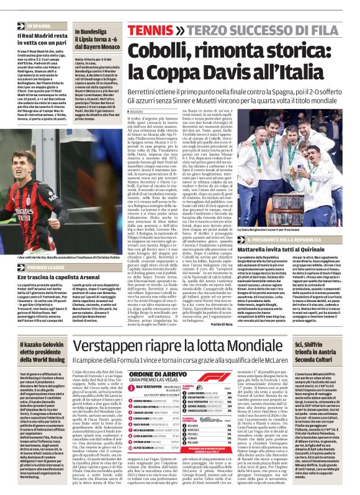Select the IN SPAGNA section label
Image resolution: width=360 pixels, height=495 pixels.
(x=38, y=27)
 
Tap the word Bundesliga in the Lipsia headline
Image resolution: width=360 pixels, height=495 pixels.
(x=91, y=31)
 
